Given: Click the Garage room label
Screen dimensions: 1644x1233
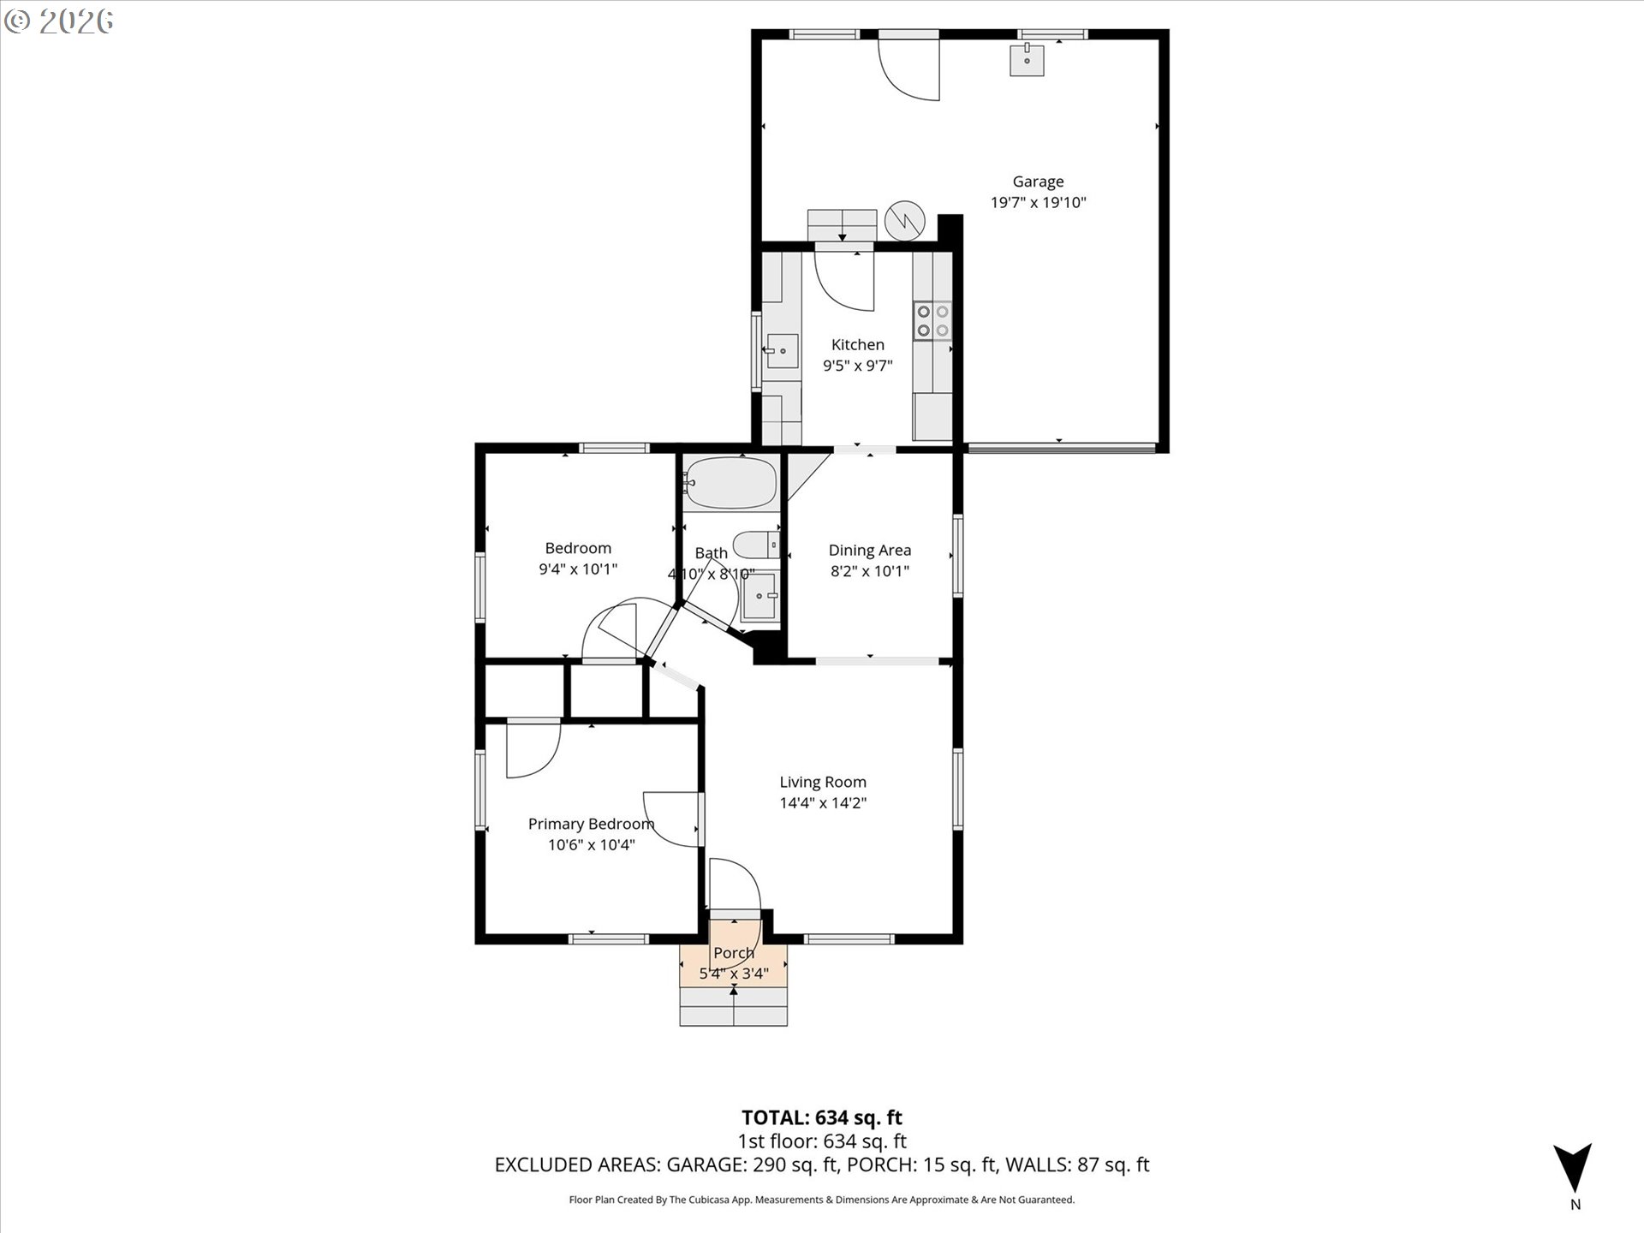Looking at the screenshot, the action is tap(1038, 182).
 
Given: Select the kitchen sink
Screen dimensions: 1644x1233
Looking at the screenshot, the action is tap(782, 351).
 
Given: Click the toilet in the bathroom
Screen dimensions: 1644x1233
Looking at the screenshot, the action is tap(756, 545).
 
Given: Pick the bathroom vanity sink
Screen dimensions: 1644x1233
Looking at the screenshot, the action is tap(760, 596).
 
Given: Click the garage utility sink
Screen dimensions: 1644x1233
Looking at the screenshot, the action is tap(1027, 61).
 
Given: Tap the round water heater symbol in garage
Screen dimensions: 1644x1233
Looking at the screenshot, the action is tap(905, 220).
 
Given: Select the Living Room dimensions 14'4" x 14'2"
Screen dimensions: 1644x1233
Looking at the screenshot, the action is tap(823, 803).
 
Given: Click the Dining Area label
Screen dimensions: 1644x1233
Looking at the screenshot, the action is tap(869, 551).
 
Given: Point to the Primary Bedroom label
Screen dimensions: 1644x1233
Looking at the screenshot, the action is tap(591, 824).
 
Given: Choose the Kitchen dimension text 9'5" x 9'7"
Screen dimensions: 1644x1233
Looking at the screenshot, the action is tap(857, 366).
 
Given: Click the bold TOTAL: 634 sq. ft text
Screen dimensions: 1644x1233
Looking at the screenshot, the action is tap(822, 1117).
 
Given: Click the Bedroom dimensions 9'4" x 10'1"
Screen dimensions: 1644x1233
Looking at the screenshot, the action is tap(578, 569).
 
